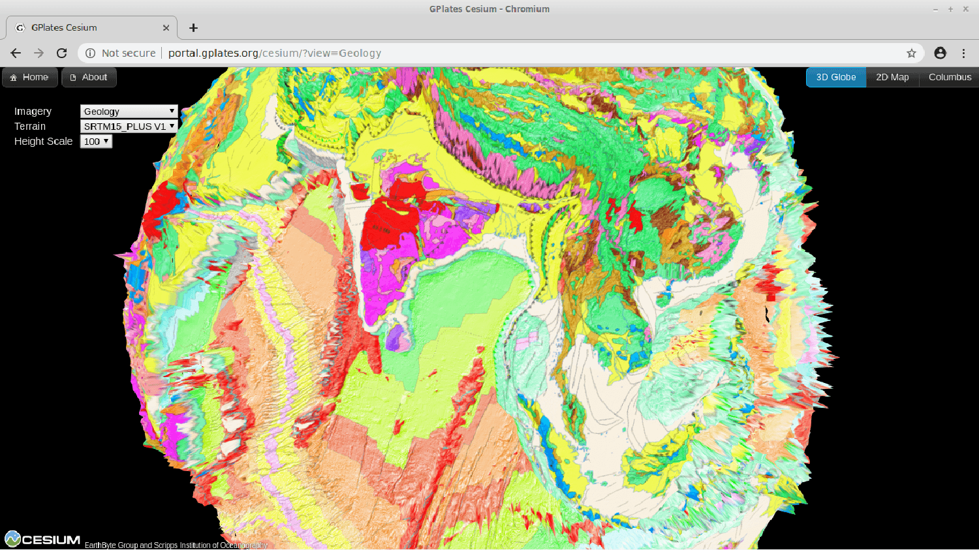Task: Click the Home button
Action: (29, 77)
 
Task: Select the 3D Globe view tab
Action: (835, 77)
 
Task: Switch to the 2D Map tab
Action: (892, 77)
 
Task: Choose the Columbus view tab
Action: (950, 77)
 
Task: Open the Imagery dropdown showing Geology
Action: (129, 112)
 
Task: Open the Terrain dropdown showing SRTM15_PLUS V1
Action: (129, 127)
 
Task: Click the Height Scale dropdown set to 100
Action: (96, 142)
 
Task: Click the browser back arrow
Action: (16, 53)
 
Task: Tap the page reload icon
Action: (62, 53)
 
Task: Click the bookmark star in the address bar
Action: (911, 53)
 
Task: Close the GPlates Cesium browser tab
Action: (166, 27)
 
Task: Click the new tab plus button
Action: (193, 27)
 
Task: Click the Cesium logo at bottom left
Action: (42, 540)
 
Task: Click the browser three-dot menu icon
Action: (963, 53)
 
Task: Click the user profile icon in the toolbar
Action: (940, 53)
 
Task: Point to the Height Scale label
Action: (43, 142)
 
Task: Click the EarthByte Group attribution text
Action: (176, 545)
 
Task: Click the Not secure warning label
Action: (128, 53)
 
